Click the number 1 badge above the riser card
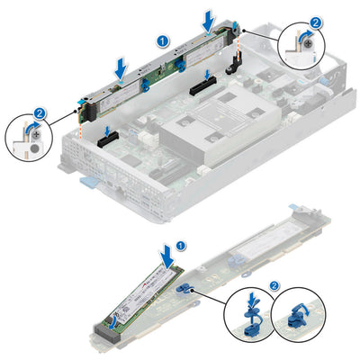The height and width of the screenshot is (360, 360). pos(162,41)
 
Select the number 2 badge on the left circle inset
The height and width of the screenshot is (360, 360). pos(39,114)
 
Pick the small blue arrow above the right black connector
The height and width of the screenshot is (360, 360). pos(207,75)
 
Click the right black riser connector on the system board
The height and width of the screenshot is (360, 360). pos(203,90)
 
